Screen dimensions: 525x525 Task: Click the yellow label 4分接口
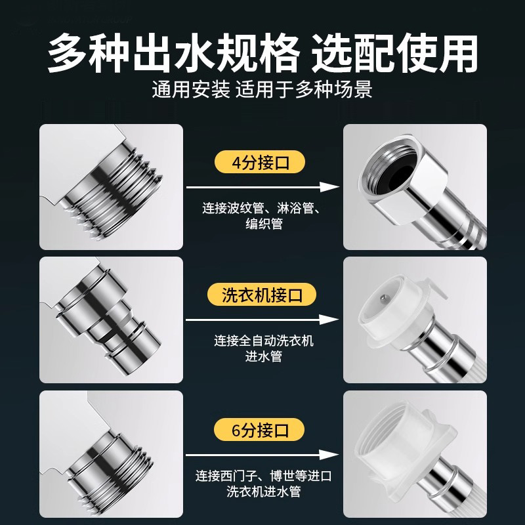click(x=261, y=161)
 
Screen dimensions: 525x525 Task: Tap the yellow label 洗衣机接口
click(x=261, y=295)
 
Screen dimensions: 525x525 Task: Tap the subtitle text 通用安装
click(x=190, y=89)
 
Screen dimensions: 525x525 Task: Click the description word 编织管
click(x=261, y=225)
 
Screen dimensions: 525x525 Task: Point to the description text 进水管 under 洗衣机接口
click(x=261, y=358)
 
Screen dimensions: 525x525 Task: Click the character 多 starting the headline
click(x=72, y=53)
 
